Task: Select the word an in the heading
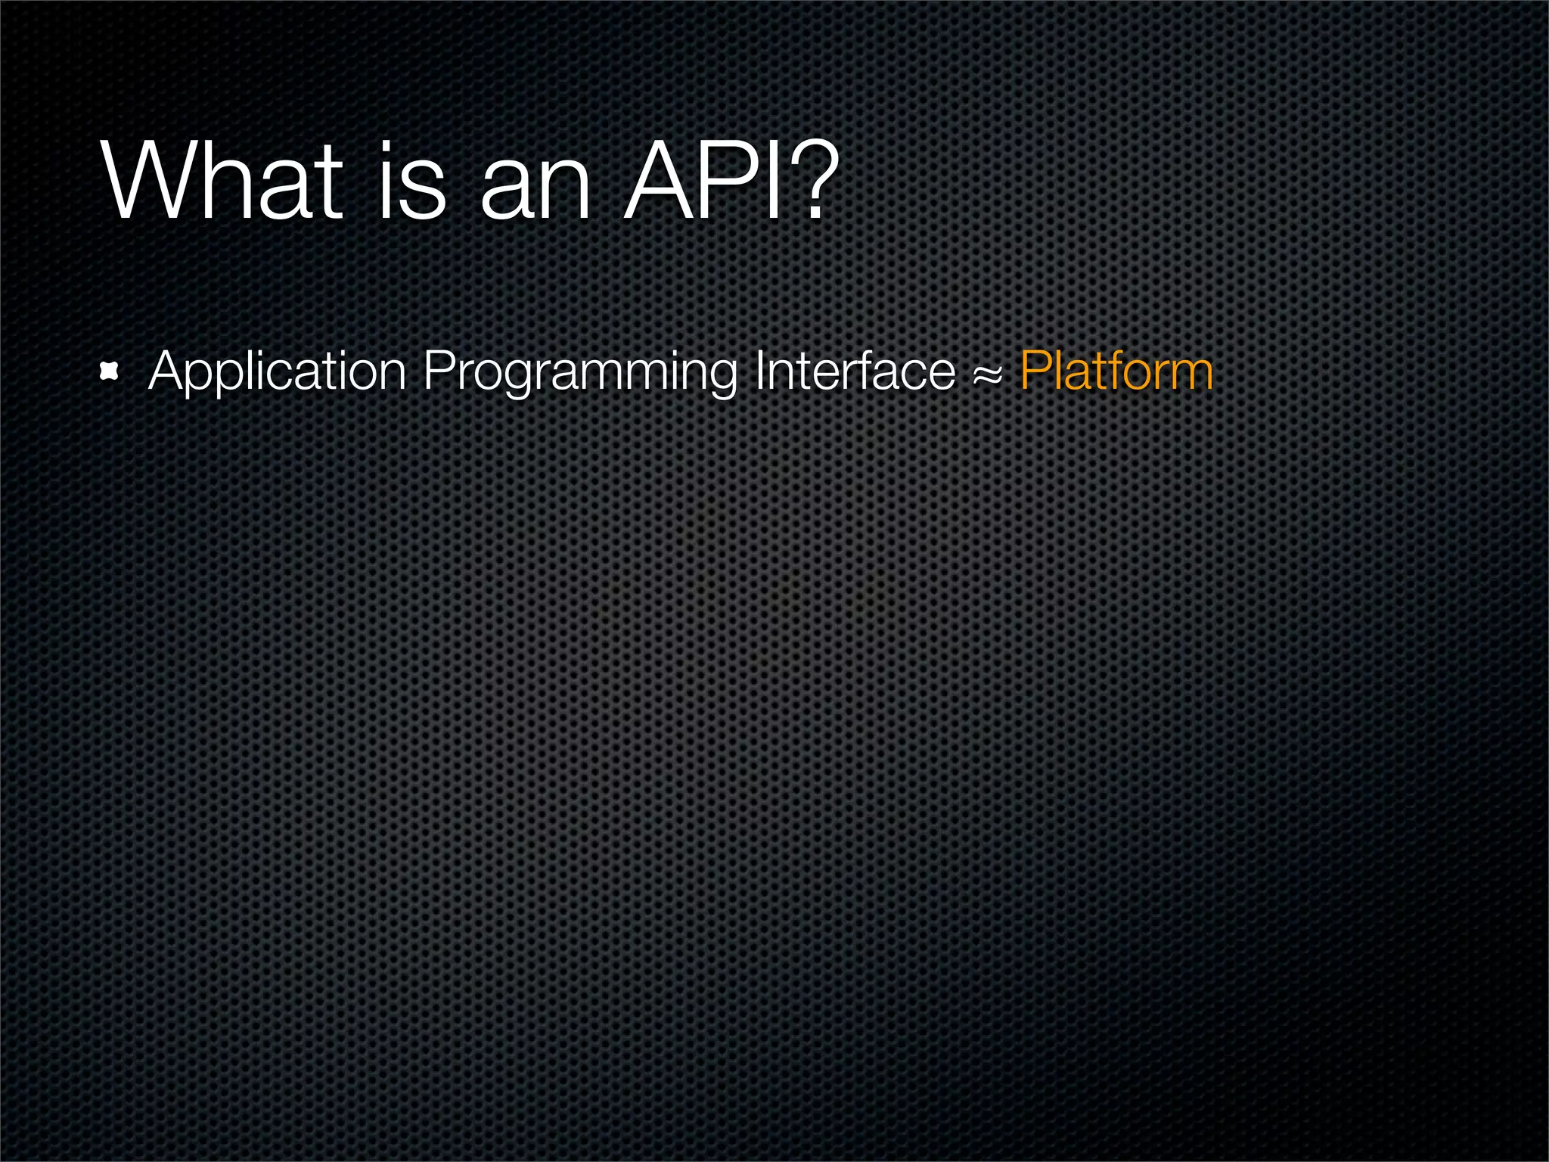pyautogui.click(x=535, y=189)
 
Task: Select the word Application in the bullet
pyautogui.click(x=278, y=371)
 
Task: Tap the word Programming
pyautogui.click(x=579, y=371)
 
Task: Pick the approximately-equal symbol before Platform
pyautogui.click(x=988, y=374)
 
